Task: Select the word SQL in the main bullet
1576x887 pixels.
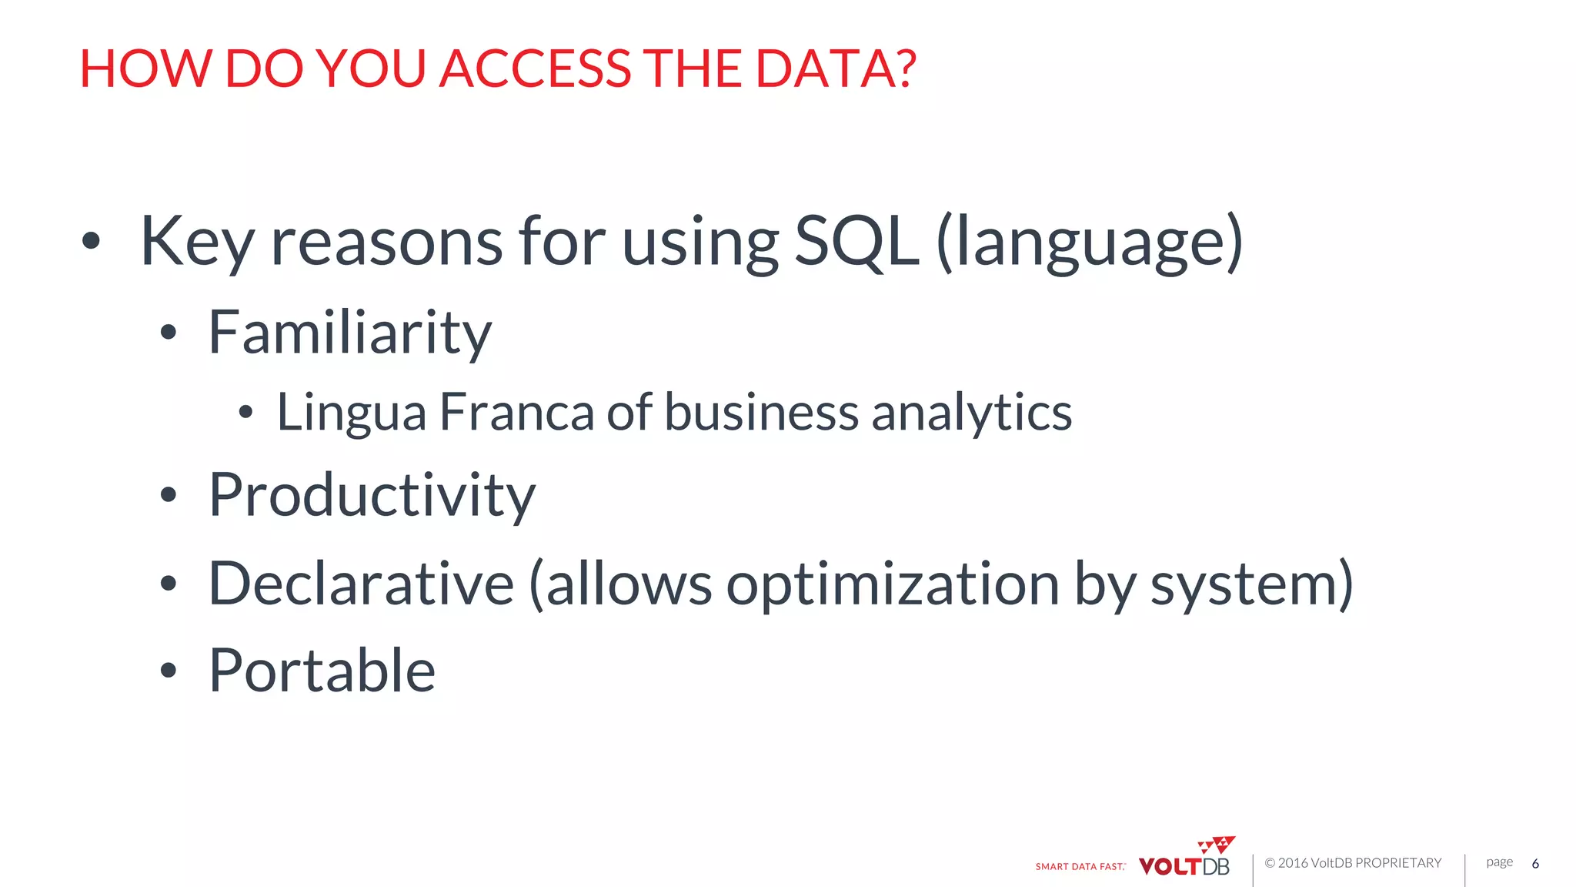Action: pyautogui.click(x=856, y=241)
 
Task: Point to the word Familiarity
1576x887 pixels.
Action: pyautogui.click(x=350, y=333)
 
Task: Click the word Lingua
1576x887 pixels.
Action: pyautogui.click(x=351, y=413)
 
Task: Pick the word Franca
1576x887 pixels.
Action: pyautogui.click(x=516, y=411)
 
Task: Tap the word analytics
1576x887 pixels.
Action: pyautogui.click(x=971, y=413)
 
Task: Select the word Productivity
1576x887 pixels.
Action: pyautogui.click(x=372, y=495)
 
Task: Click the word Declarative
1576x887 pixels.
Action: pyautogui.click(x=361, y=584)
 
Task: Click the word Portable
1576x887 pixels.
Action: pyautogui.click(x=322, y=670)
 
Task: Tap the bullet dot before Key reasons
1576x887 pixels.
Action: pyautogui.click(x=91, y=241)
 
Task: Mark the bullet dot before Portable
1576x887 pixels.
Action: pyautogui.click(x=169, y=671)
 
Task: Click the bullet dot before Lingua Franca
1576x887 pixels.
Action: pyautogui.click(x=245, y=413)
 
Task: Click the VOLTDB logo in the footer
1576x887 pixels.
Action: pyautogui.click(x=1186, y=860)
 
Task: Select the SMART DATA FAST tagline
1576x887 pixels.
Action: pyautogui.click(x=1080, y=867)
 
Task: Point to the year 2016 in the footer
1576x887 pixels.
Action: pyautogui.click(x=1293, y=863)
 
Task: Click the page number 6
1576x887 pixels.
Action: pyautogui.click(x=1535, y=863)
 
